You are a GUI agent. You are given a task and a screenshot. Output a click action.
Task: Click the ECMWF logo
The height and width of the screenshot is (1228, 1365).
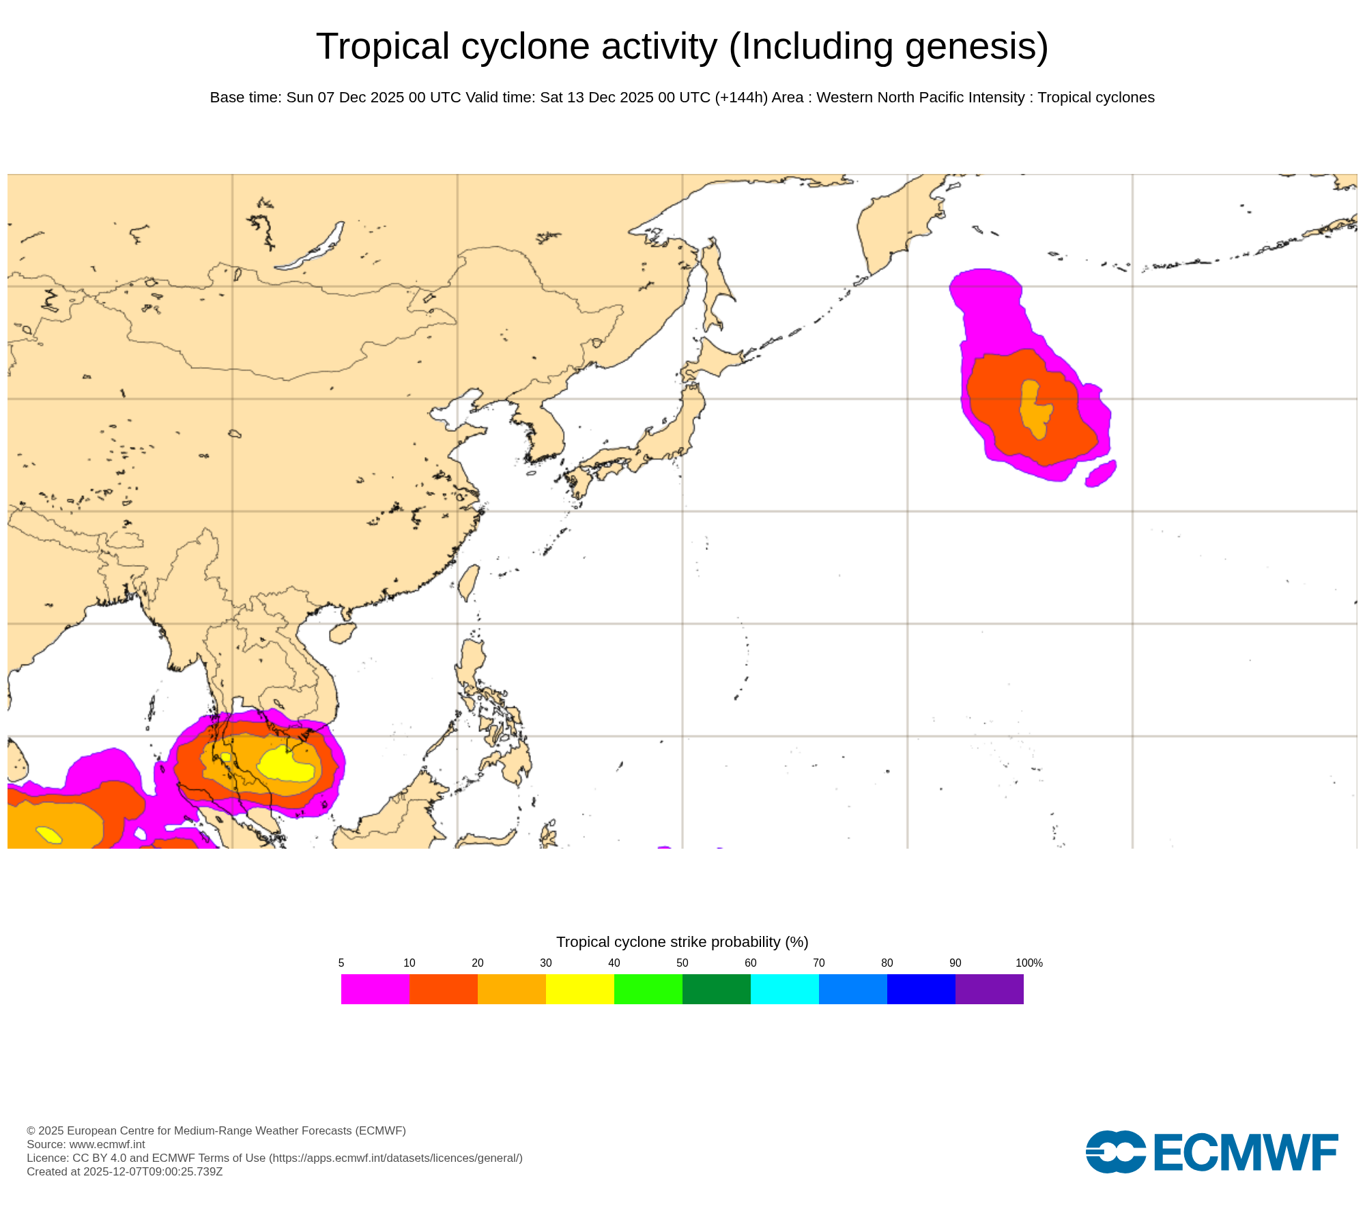pos(1211,1152)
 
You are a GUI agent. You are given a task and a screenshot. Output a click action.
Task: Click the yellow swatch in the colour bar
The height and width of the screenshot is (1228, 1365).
pos(579,989)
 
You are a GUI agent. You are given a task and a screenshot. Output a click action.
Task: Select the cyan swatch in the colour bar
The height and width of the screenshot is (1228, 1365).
pos(784,989)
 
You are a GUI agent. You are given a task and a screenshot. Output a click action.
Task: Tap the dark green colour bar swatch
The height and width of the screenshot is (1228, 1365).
pos(716,989)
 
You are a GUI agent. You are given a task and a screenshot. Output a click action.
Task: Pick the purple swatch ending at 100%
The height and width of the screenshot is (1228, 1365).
pos(989,989)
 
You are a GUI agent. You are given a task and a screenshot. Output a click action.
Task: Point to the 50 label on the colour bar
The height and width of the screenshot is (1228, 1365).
pos(682,963)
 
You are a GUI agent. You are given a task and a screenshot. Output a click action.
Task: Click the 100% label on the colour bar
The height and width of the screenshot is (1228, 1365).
pos(1029,963)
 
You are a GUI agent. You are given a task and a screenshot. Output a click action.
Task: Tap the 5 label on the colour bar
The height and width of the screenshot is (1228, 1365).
pos(341,963)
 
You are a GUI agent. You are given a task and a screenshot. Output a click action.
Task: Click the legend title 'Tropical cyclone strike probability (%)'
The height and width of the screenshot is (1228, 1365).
pos(682,942)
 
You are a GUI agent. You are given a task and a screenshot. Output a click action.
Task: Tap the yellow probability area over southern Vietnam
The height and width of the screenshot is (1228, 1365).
pos(287,765)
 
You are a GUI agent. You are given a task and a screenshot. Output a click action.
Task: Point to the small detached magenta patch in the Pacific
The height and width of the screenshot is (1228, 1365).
pos(1100,473)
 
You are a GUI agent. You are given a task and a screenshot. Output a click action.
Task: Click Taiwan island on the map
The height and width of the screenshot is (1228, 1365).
pos(468,582)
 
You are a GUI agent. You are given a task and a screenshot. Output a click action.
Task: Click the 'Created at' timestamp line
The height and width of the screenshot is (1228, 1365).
pos(125,1171)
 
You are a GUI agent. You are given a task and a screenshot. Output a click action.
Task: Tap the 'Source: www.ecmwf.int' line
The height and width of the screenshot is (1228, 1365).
pos(86,1144)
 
